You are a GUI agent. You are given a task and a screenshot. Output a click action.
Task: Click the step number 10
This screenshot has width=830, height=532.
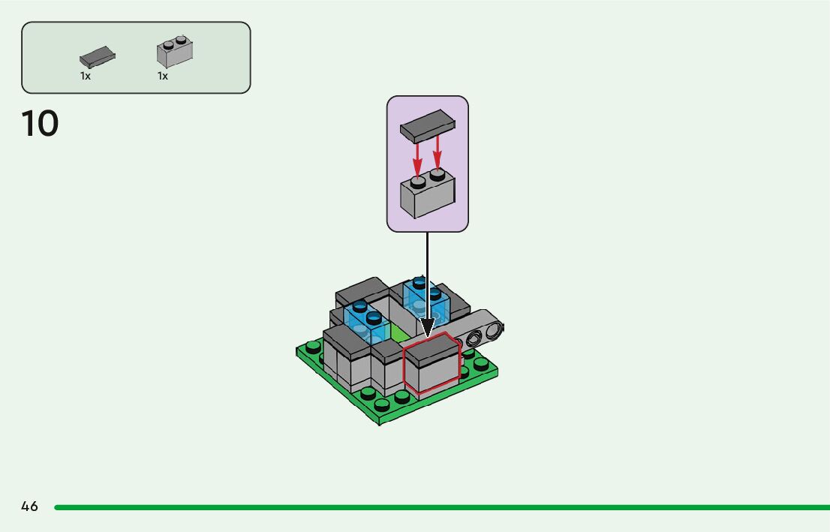coord(41,124)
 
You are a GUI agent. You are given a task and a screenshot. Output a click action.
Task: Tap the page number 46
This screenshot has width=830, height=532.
coord(29,506)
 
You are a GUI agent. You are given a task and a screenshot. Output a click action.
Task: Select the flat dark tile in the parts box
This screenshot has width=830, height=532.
coord(98,56)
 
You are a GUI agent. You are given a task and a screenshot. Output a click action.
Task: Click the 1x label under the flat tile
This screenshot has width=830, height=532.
coord(86,76)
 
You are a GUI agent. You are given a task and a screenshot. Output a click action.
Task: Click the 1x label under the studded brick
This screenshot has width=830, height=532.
coord(162,76)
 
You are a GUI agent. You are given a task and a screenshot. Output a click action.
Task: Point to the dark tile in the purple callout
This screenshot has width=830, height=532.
coord(427,125)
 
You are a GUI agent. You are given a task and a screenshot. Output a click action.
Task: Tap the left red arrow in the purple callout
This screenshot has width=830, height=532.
coord(418,158)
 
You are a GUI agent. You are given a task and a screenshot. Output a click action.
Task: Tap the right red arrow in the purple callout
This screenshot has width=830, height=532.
coord(438,154)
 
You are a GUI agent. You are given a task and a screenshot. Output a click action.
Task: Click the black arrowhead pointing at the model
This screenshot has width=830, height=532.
coord(427,327)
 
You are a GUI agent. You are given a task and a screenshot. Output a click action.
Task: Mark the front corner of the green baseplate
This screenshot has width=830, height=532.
coord(380,424)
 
